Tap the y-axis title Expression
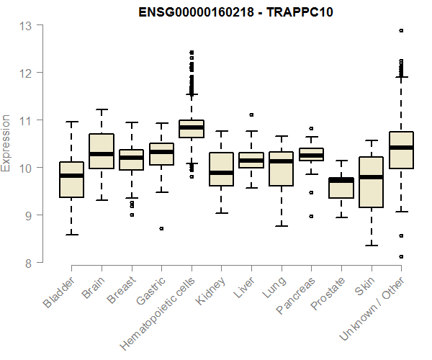(x=6, y=143)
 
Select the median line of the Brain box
(x=102, y=154)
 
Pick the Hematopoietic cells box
(x=192, y=129)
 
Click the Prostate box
(x=341, y=187)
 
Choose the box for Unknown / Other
(x=401, y=150)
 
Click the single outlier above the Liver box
(x=251, y=114)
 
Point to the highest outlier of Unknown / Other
(x=401, y=31)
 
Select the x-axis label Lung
(x=274, y=289)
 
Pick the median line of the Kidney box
(x=221, y=173)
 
